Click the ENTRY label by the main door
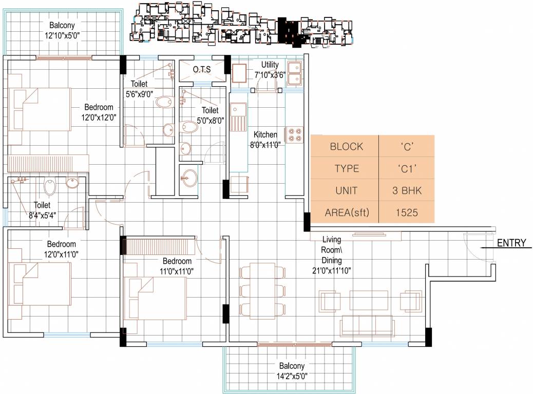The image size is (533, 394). point(511,243)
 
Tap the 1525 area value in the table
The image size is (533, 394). point(406,212)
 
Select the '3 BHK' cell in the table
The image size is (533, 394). point(406,190)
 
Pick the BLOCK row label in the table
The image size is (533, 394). point(346,147)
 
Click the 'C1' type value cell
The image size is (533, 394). point(406,168)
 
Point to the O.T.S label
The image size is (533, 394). point(202,69)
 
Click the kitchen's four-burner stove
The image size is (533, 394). point(294,134)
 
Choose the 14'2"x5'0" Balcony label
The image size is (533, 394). point(292,370)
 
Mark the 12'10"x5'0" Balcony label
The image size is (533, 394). point(64,30)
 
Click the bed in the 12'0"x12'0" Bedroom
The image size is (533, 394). point(40,109)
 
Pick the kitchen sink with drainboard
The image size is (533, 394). point(238,116)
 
